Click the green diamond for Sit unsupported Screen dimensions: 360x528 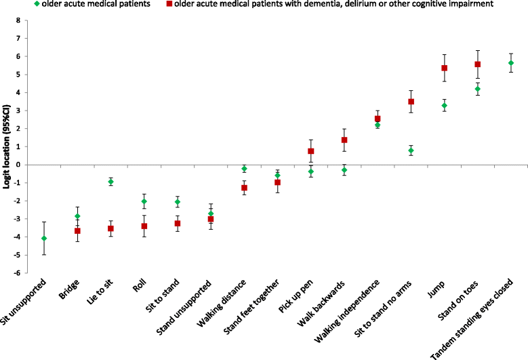pos(44,238)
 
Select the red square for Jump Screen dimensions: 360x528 pos(444,68)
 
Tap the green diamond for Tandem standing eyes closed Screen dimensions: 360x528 pos(510,63)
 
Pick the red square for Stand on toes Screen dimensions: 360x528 pos(477,64)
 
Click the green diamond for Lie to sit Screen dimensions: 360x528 pos(110,182)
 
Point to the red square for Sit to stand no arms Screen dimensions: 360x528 pos(411,102)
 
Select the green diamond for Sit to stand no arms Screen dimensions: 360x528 pos(411,151)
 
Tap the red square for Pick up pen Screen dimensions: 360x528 pos(310,151)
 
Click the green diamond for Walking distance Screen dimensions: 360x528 pos(244,169)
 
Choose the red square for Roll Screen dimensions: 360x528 pos(144,226)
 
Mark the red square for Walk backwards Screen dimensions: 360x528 pos(344,140)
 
